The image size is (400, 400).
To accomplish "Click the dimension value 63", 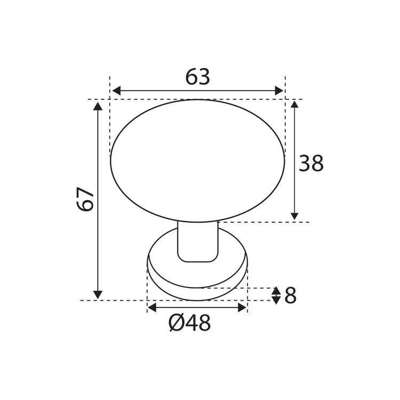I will [197, 78].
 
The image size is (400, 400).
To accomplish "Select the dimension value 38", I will [311, 164].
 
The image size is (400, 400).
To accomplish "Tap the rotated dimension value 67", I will [86, 199].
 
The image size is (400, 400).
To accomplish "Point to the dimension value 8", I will [290, 295].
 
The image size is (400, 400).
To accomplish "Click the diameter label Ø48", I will [189, 323].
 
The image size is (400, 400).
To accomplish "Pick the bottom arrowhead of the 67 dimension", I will [98, 294].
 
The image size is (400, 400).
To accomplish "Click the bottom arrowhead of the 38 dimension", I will [294, 216].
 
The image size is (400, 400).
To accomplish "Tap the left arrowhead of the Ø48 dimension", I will [152, 307].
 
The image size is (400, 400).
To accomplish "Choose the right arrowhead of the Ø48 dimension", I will [242, 307].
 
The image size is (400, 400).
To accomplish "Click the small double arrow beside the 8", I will [276, 295].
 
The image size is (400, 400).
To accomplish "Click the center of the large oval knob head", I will [197, 160].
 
